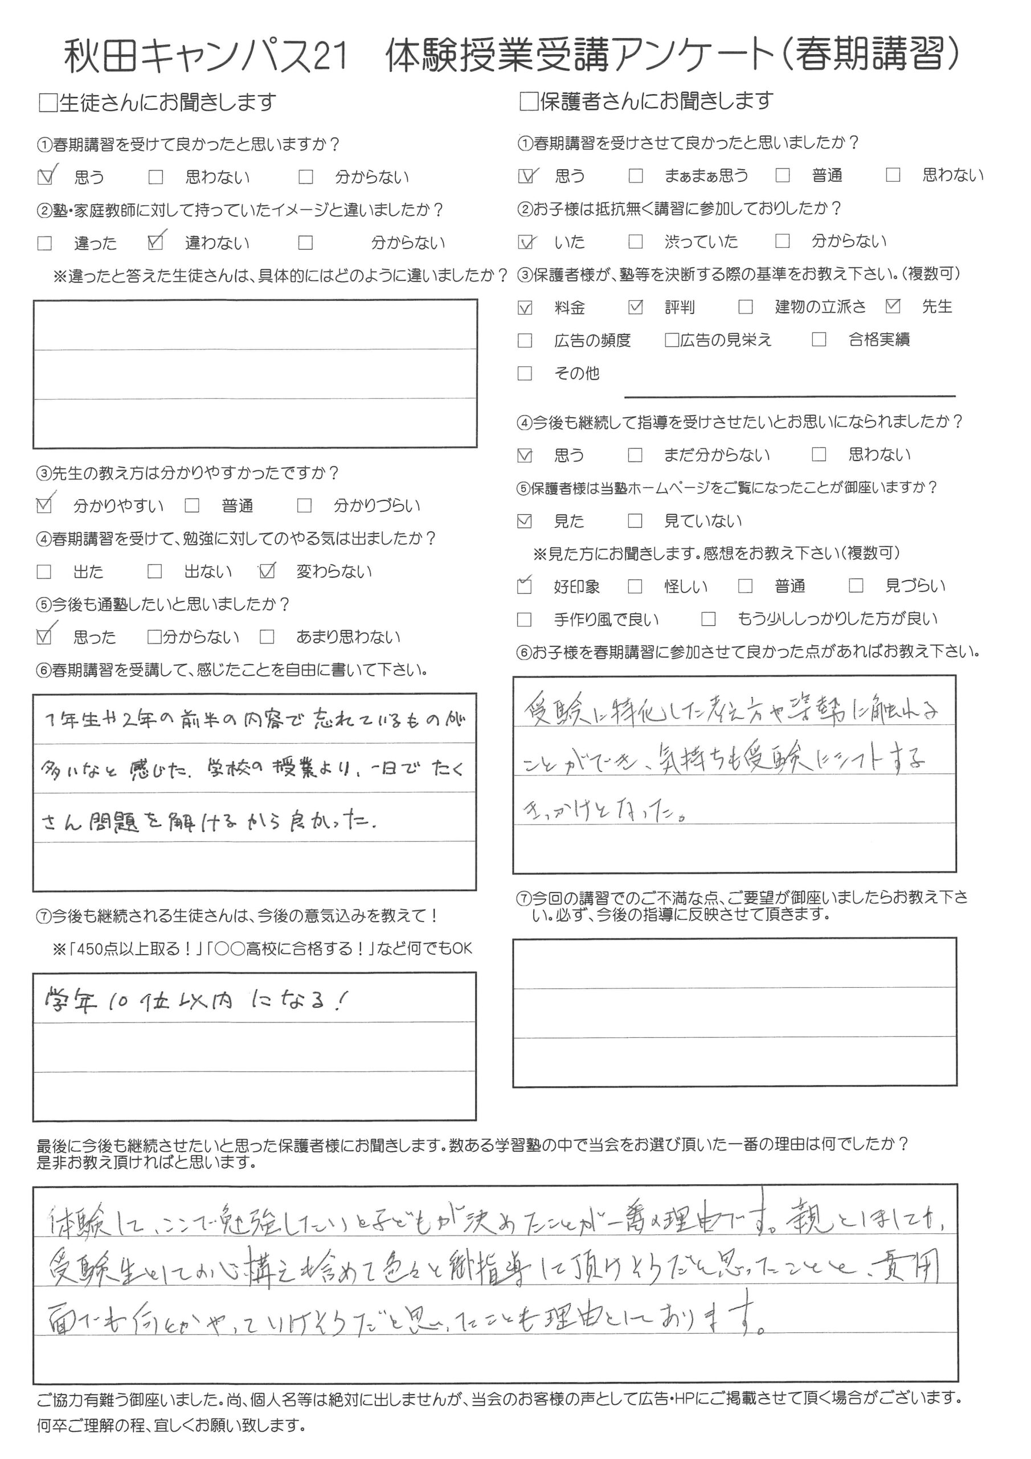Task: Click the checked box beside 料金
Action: click(525, 308)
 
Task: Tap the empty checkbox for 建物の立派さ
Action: click(745, 308)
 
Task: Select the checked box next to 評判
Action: click(635, 308)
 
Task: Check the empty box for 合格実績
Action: click(819, 340)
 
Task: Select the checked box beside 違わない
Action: click(155, 242)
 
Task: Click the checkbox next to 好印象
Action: click(525, 586)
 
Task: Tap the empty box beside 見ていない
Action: click(635, 521)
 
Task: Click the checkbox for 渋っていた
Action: click(635, 242)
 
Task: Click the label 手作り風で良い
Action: click(606, 619)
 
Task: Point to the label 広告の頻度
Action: click(592, 341)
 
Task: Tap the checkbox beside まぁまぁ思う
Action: click(635, 176)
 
